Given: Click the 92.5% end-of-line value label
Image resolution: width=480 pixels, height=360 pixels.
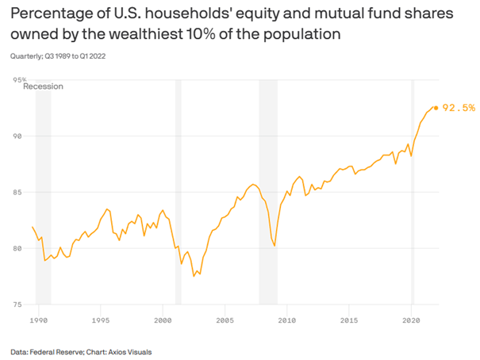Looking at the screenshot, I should pyautogui.click(x=459, y=108).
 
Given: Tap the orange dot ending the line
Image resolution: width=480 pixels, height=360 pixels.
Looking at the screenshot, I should pyautogui.click(x=436, y=108).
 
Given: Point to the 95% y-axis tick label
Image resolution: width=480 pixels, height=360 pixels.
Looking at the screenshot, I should pyautogui.click(x=19, y=80).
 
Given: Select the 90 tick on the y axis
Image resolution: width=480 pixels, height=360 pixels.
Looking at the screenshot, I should pyautogui.click(x=17, y=136).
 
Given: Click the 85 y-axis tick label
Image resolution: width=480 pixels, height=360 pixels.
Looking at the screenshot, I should pyautogui.click(x=17, y=193).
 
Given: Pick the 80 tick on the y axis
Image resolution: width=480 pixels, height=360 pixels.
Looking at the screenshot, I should pyautogui.click(x=17, y=249).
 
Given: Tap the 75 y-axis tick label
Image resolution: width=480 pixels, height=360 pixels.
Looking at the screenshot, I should pyautogui.click(x=17, y=305).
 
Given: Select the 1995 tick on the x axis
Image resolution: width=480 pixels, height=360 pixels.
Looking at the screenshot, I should pyautogui.click(x=101, y=320).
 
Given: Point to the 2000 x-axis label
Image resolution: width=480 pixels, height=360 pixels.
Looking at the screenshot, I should pyautogui.click(x=163, y=320).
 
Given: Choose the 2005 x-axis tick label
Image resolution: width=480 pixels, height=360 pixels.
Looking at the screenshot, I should pyautogui.click(x=225, y=320).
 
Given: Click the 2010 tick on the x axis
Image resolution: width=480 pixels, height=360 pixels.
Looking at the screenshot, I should pyautogui.click(x=286, y=320).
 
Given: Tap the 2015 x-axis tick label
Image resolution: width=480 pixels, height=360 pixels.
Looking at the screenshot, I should pyautogui.click(x=349, y=320).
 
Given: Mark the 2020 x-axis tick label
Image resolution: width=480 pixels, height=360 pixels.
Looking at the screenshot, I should pyautogui.click(x=411, y=320).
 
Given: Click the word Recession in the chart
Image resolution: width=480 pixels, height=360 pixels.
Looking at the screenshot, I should pyautogui.click(x=43, y=87).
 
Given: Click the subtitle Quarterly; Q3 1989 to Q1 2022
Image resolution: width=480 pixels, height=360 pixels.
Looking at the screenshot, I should pyautogui.click(x=57, y=56).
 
